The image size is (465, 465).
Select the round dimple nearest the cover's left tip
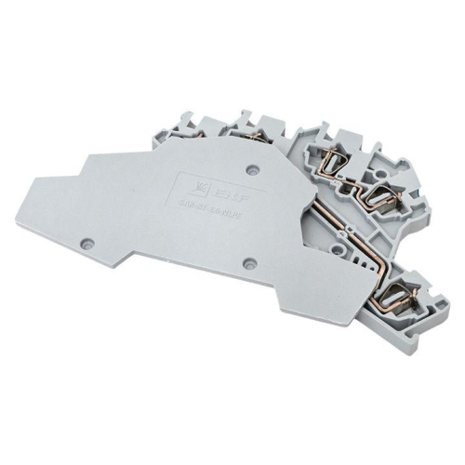tap(87, 240)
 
